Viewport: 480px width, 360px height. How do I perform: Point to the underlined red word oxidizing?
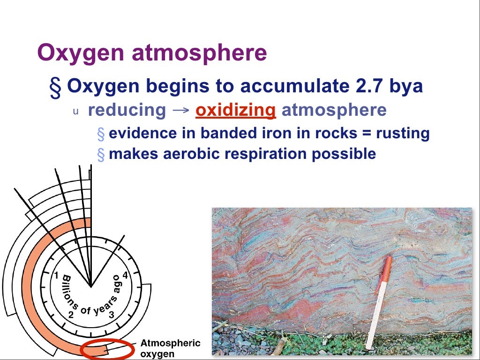(235, 111)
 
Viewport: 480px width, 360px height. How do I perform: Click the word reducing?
(127, 111)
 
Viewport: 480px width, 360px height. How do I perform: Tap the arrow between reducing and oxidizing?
(180, 111)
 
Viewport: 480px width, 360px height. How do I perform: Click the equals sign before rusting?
(366, 134)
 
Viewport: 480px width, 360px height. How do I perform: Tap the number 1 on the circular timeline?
(56, 275)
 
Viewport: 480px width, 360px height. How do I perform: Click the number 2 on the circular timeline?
(71, 315)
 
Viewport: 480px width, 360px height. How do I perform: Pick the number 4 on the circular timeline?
(125, 275)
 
